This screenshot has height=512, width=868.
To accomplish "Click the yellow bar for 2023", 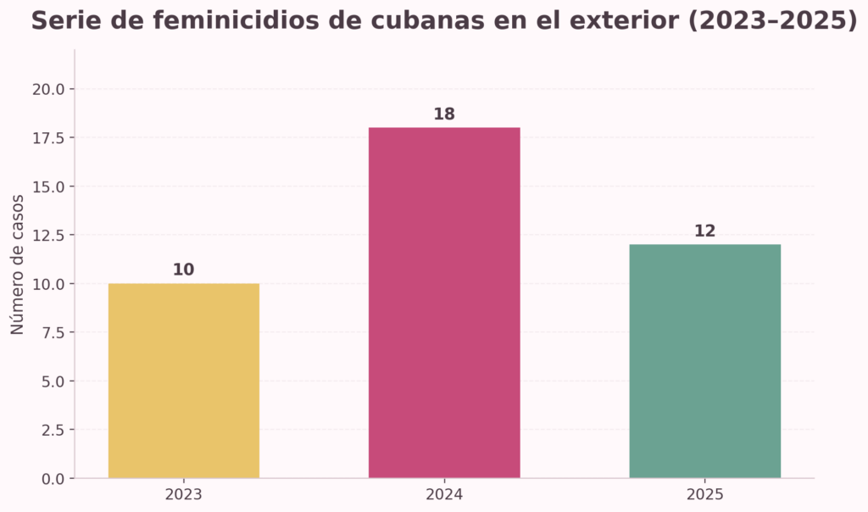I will pyautogui.click(x=183, y=381).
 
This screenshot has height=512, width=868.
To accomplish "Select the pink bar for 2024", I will pyautogui.click(x=443, y=303).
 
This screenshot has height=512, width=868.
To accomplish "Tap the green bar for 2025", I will pyautogui.click(x=704, y=361).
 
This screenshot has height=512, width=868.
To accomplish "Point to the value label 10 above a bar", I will pyautogui.click(x=183, y=270).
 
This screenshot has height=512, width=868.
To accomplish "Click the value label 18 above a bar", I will pyautogui.click(x=444, y=114).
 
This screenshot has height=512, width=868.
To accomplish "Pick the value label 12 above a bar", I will pyautogui.click(x=704, y=231).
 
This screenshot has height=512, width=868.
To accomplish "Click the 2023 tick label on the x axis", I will pyautogui.click(x=183, y=493).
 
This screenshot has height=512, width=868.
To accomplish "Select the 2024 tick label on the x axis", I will pyautogui.click(x=444, y=493).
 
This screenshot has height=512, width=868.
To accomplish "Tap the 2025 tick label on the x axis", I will pyautogui.click(x=704, y=493).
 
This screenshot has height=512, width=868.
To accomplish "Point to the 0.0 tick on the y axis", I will pyautogui.click(x=53, y=479).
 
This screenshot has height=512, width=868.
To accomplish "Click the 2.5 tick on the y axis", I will pyautogui.click(x=53, y=430).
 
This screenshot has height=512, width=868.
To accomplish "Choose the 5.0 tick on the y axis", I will pyautogui.click(x=53, y=381).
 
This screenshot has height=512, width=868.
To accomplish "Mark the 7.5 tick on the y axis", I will pyautogui.click(x=53, y=332).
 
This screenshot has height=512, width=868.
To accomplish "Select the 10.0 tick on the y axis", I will pyautogui.click(x=49, y=284).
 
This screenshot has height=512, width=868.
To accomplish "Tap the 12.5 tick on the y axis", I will pyautogui.click(x=49, y=235).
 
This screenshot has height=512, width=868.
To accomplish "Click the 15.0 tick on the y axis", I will pyautogui.click(x=49, y=186).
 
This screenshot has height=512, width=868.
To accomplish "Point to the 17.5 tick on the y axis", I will pyautogui.click(x=49, y=137).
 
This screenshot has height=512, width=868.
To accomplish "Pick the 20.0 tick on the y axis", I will pyautogui.click(x=49, y=89).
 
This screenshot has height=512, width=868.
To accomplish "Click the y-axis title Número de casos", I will pyautogui.click(x=18, y=264).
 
